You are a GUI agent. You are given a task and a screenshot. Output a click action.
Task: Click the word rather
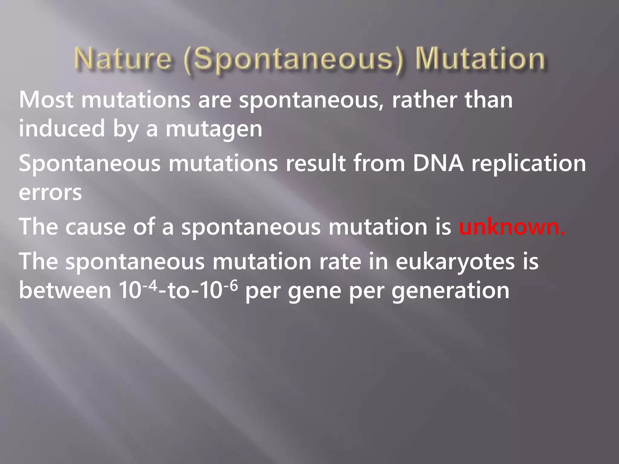424,100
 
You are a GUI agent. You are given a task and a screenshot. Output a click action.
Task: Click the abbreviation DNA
438,163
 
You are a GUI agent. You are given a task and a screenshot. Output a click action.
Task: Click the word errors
50,192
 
